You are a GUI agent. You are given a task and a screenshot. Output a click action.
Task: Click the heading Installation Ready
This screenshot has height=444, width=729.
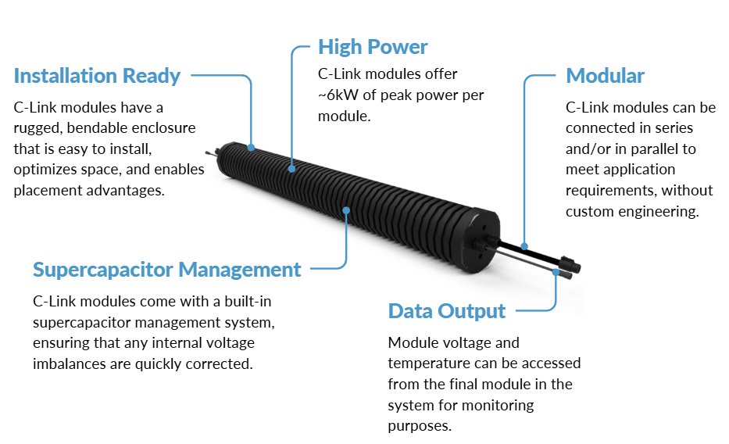pyautogui.click(x=97, y=76)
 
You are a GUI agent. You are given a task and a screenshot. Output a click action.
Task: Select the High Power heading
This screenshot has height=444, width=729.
pyautogui.click(x=373, y=47)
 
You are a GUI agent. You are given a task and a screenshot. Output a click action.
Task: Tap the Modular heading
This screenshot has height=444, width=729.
pyautogui.click(x=605, y=76)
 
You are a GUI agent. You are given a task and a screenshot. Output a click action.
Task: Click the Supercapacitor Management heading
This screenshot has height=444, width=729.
pyautogui.click(x=166, y=270)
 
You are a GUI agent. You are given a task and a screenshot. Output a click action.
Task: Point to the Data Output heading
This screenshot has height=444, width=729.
pyautogui.click(x=447, y=310)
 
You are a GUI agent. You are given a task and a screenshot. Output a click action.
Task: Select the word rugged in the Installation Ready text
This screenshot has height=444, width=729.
pyautogui.click(x=39, y=128)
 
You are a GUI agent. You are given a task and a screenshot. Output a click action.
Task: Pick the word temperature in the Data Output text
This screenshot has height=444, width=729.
pyautogui.click(x=428, y=363)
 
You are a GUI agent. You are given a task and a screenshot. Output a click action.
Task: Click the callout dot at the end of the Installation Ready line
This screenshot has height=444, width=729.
pyautogui.click(x=252, y=146)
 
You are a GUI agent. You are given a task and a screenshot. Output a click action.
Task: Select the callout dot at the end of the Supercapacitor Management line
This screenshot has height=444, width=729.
pyautogui.click(x=345, y=209)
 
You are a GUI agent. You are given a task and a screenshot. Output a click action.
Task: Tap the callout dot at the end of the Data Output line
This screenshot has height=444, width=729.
pyautogui.click(x=556, y=271)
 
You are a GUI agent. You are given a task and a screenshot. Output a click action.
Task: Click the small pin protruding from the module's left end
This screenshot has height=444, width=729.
pyautogui.click(x=208, y=153)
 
